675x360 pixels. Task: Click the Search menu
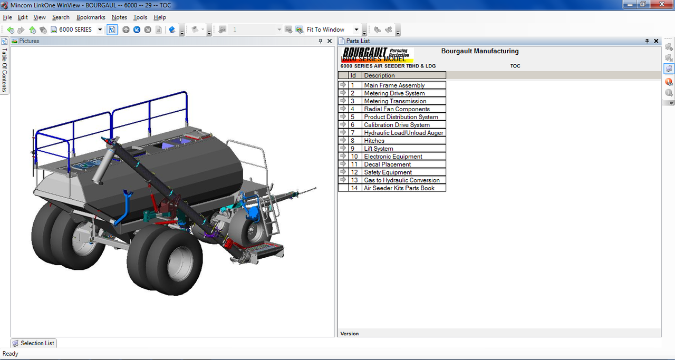61,17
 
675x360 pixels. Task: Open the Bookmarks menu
91,17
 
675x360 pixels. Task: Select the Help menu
160,17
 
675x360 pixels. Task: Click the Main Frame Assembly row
394,85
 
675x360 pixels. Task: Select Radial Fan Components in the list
397,109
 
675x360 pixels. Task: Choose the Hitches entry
374,141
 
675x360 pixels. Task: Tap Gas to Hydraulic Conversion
402,180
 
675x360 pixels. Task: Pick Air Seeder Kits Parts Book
399,188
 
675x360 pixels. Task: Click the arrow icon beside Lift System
343,148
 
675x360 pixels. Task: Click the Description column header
379,75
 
